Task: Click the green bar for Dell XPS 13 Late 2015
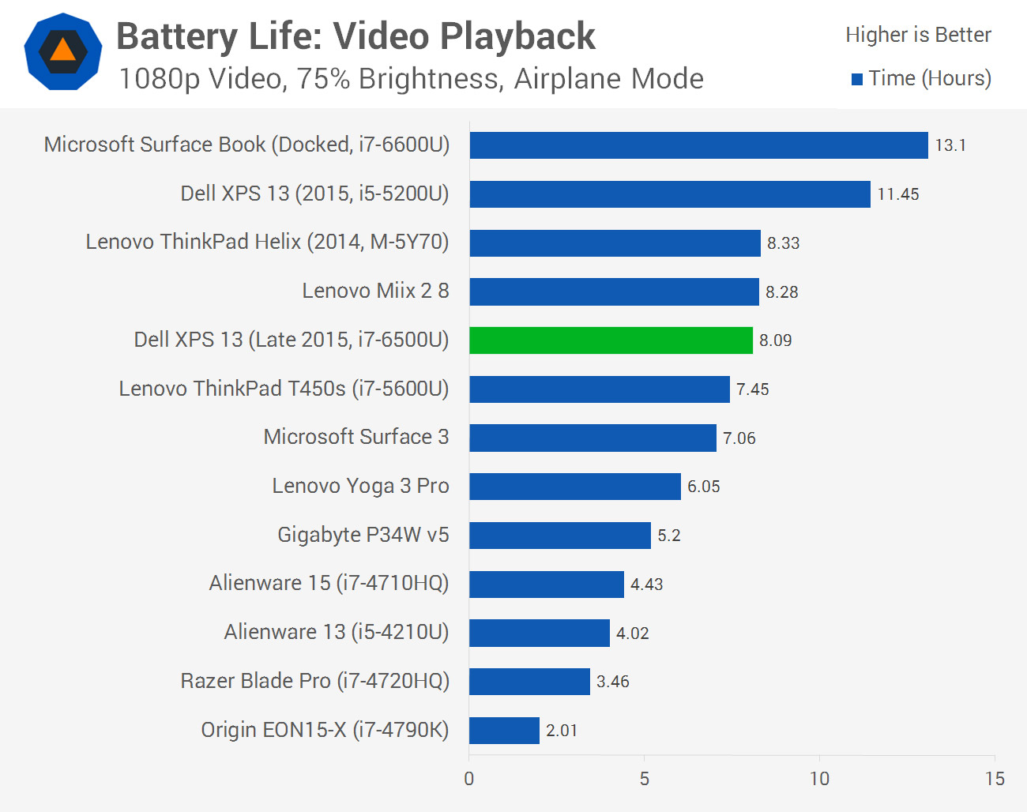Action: click(611, 340)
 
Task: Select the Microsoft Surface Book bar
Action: click(698, 145)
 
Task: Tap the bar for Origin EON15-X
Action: click(504, 731)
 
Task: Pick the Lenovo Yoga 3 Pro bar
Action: click(574, 487)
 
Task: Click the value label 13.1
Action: click(950, 145)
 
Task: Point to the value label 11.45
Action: click(898, 194)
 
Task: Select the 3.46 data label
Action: click(613, 682)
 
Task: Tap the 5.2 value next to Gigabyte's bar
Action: click(669, 536)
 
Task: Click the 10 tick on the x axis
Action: click(819, 779)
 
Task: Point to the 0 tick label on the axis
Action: click(469, 779)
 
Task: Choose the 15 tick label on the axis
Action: click(995, 779)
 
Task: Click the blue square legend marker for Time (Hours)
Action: click(857, 79)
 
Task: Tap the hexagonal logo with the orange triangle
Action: click(63, 51)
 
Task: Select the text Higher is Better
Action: click(918, 35)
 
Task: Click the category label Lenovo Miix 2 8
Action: click(375, 291)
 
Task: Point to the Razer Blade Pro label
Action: click(314, 681)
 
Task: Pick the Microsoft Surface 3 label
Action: click(355, 437)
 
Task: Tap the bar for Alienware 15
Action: click(546, 585)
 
